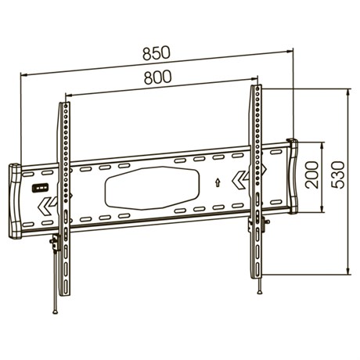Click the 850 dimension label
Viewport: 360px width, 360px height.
tap(157, 52)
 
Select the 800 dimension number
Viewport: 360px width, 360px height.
tap(158, 77)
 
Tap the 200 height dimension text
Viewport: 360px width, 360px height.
tap(312, 175)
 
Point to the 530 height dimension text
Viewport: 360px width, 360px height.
tap(338, 175)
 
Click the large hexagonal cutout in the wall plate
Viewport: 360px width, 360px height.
tap(152, 188)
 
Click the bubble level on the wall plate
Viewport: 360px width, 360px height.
tap(41, 189)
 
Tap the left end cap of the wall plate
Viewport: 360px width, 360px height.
tap(16, 201)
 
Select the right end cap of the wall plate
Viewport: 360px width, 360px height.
tap(293, 176)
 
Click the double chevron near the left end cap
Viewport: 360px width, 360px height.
tap(47, 206)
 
